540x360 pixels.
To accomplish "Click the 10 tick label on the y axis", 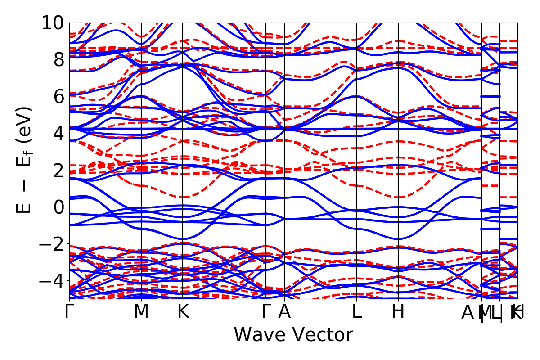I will (x=54, y=22).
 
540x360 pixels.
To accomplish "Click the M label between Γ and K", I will (x=141, y=311).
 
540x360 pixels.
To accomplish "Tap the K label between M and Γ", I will (x=183, y=311).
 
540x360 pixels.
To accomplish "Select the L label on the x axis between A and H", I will (x=356, y=311).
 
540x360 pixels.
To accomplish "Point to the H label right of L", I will (x=398, y=311).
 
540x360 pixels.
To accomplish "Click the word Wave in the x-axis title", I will (x=260, y=335).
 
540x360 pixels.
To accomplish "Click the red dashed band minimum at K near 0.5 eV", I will (x=183, y=197).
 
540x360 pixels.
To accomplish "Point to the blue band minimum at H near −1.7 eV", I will (x=398, y=238).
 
